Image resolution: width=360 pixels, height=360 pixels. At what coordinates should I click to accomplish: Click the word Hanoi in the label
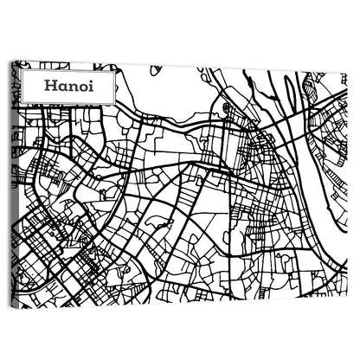click(65, 86)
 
